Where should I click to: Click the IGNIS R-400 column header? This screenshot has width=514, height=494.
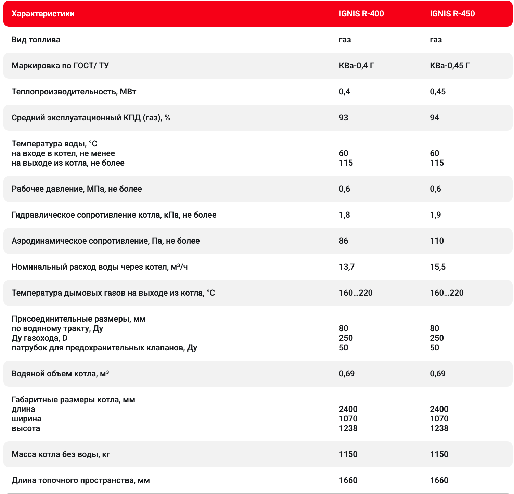(361, 14)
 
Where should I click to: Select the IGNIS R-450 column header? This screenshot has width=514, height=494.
(452, 14)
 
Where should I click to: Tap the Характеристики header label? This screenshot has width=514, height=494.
(43, 14)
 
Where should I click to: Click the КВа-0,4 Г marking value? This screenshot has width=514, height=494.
(356, 66)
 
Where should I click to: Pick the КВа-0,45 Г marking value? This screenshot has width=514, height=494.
(450, 66)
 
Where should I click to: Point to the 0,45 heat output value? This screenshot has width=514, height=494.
(438, 92)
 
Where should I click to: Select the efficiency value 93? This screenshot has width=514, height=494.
(344, 118)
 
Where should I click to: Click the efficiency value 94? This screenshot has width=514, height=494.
(435, 118)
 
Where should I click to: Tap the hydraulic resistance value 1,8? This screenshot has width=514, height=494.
(345, 215)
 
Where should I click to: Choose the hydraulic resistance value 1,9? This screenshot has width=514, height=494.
(435, 215)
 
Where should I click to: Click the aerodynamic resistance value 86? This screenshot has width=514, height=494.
(344, 241)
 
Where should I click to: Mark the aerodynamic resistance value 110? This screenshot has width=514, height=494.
(437, 241)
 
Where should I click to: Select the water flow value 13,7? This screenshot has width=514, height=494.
(347, 267)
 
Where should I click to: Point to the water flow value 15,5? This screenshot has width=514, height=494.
(438, 267)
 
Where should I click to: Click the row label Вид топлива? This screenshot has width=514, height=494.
(36, 40)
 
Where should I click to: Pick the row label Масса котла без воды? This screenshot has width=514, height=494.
(61, 454)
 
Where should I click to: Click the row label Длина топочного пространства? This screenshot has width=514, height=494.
(81, 480)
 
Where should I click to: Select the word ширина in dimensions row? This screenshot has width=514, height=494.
(26, 419)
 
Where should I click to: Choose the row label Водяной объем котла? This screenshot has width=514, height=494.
(60, 374)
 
